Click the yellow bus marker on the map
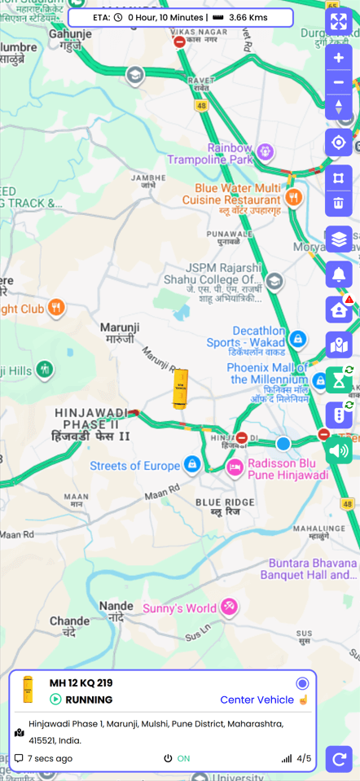click(180, 388)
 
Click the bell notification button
click(339, 274)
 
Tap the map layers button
click(339, 239)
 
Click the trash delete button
click(339, 203)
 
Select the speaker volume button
click(339, 450)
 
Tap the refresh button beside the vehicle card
click(339, 759)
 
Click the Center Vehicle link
click(257, 700)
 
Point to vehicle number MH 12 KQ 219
click(81, 682)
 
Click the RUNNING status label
click(89, 700)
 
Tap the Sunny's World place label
click(179, 608)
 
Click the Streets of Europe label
click(134, 466)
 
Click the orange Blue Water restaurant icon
click(293, 197)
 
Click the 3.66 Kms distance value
click(249, 17)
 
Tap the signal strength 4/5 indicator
click(297, 758)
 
